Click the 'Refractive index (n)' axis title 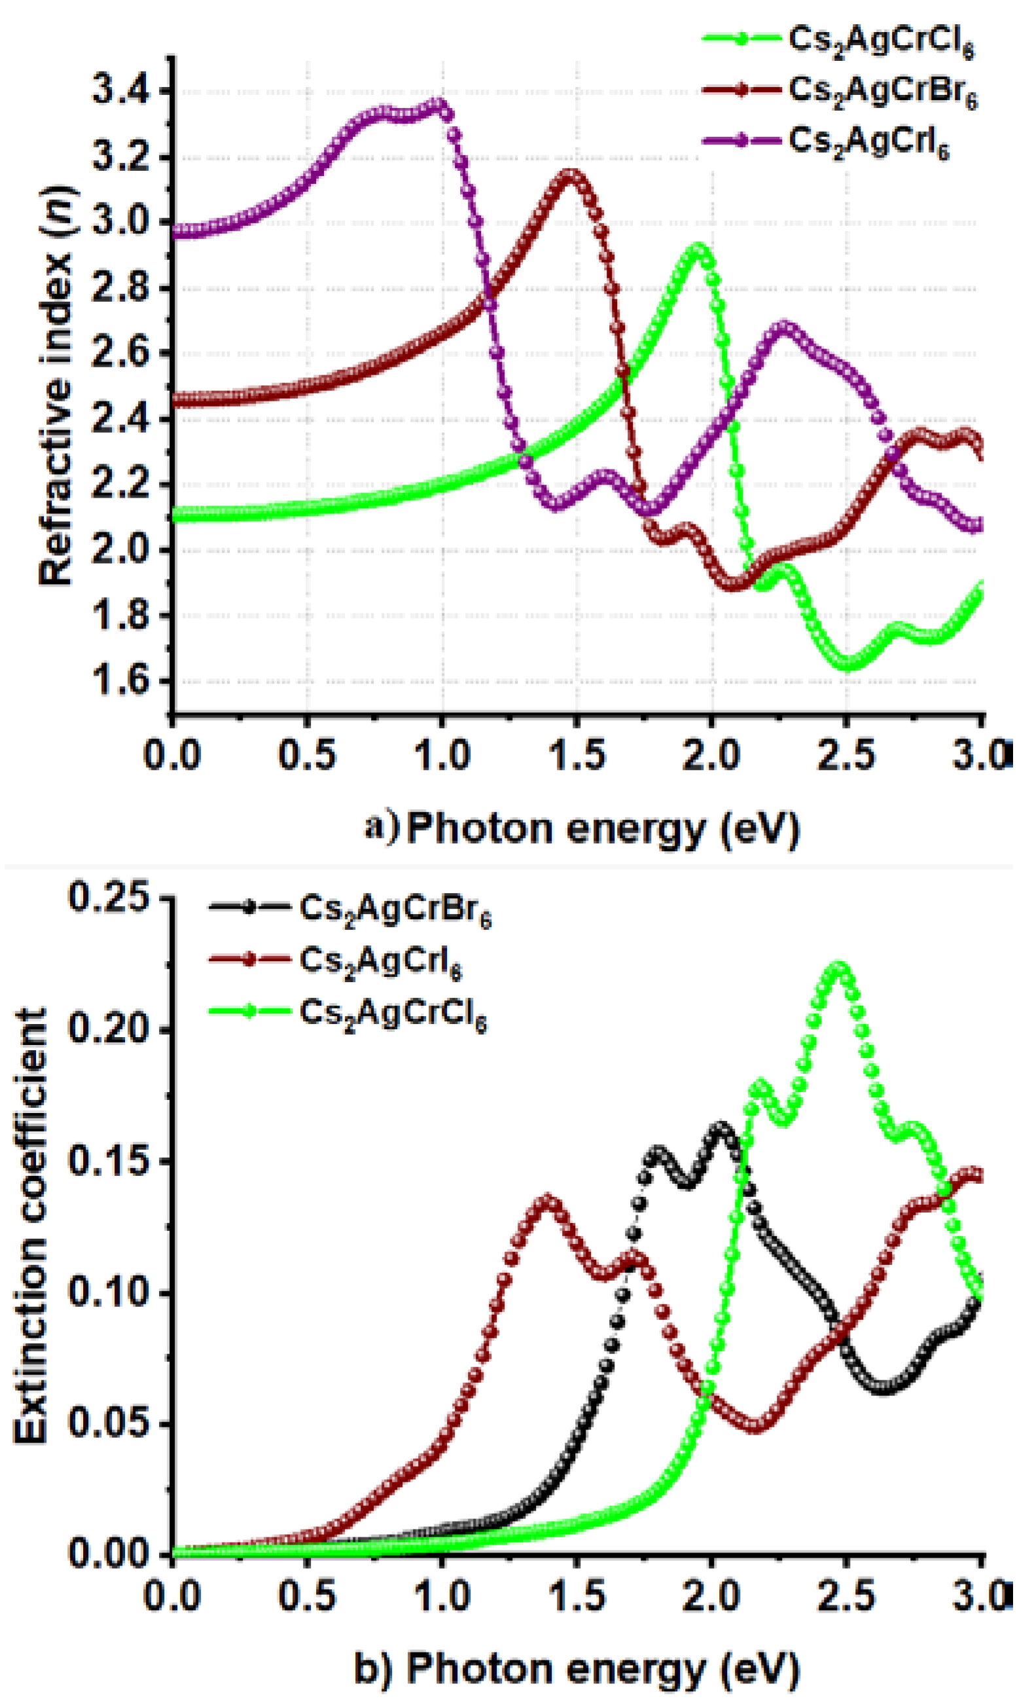coord(57,387)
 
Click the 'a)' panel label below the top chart coord(382,828)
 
